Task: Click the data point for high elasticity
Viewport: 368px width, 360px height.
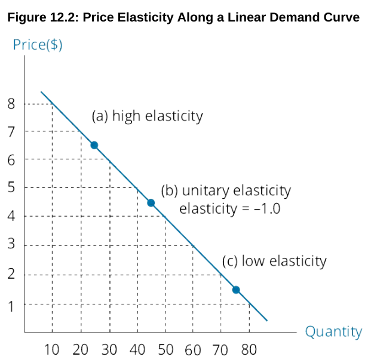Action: click(x=94, y=145)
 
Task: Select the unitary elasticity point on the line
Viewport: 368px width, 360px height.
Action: click(x=151, y=203)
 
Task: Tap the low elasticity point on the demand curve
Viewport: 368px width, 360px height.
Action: click(x=236, y=290)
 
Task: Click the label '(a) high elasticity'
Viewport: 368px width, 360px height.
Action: click(x=147, y=116)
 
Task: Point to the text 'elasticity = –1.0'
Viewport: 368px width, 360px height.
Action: click(x=229, y=210)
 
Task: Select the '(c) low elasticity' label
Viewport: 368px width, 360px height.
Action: click(x=274, y=261)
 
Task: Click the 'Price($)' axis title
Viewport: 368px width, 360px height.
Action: click(x=38, y=45)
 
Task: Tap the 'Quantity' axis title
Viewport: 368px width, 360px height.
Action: click(x=333, y=331)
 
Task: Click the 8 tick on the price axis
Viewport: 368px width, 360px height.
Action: click(x=11, y=104)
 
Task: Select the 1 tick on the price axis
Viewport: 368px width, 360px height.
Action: click(x=11, y=304)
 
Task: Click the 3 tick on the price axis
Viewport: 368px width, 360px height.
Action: click(x=11, y=245)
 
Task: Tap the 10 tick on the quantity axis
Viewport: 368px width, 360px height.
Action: click(x=52, y=349)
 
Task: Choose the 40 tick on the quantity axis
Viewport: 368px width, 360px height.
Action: click(x=137, y=349)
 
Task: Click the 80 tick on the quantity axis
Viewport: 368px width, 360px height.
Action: click(x=249, y=349)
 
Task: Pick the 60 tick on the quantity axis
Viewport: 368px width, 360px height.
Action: click(x=192, y=349)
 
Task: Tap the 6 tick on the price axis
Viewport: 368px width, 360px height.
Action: click(x=11, y=160)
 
